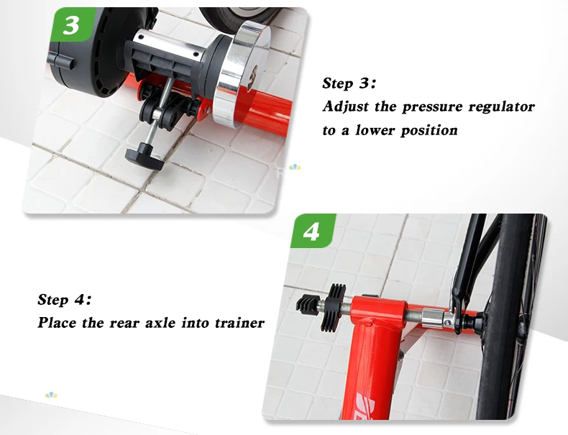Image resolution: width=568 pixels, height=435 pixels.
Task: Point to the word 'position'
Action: point(429,131)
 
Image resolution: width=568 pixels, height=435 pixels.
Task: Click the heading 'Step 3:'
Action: point(349,83)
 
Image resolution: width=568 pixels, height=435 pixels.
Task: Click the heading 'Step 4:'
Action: point(64,300)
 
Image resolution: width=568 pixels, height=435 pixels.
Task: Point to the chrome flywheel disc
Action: point(241,74)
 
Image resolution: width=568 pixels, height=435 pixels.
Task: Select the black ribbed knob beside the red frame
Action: point(334,307)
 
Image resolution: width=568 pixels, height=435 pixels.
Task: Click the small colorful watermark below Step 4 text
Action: point(51,395)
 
